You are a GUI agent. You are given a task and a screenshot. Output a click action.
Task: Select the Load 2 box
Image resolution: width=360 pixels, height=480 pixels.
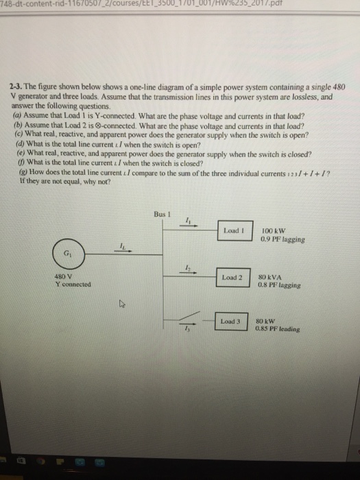(x=231, y=277)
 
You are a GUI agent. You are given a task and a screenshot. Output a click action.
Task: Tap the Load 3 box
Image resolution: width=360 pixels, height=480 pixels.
(x=231, y=321)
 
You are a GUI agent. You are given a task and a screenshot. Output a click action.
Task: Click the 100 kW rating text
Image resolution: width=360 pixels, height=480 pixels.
(x=272, y=230)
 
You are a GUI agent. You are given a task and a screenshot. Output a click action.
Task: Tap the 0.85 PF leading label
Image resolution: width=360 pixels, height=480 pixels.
(x=279, y=328)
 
